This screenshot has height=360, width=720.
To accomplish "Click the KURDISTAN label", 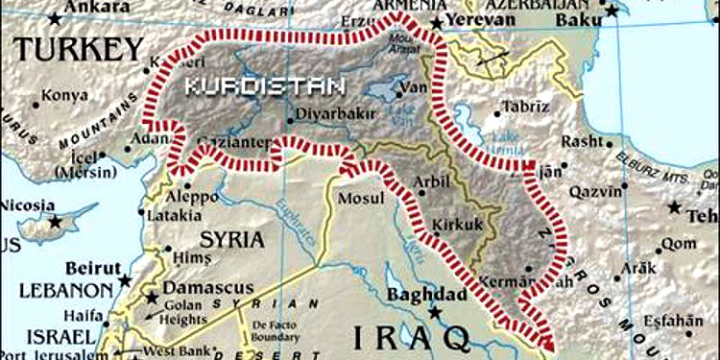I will [x=264, y=86].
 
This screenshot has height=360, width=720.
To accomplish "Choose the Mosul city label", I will [x=361, y=198].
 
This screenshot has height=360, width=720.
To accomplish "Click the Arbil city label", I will [x=429, y=180].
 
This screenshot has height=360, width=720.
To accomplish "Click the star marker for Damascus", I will [x=151, y=298].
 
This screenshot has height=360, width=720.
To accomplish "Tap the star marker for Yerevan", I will [x=438, y=22].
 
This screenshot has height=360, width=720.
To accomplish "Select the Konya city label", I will [x=62, y=97].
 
